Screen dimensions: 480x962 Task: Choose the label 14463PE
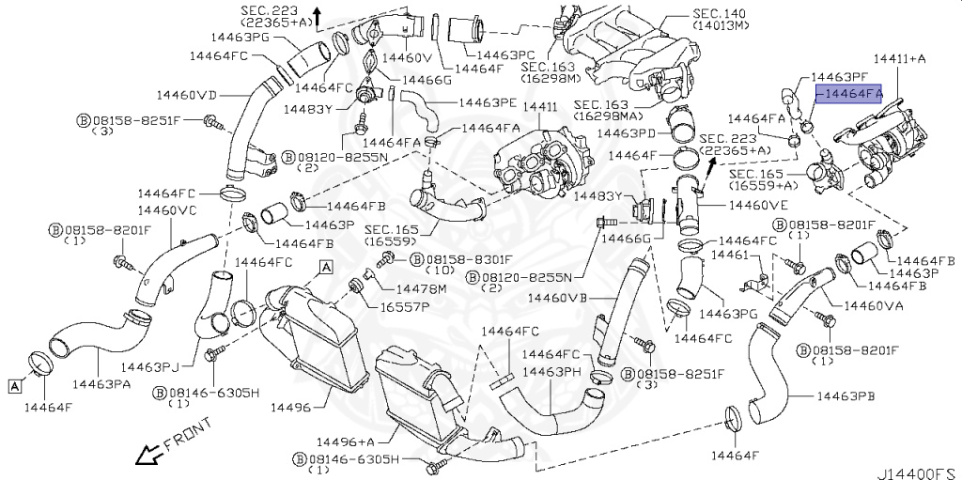click(x=487, y=101)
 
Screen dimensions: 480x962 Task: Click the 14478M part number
click(x=421, y=287)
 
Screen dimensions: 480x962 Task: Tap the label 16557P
click(x=404, y=306)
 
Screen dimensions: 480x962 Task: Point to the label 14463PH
click(x=554, y=372)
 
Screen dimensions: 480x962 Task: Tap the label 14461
click(x=729, y=255)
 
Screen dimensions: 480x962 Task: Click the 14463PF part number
click(x=838, y=75)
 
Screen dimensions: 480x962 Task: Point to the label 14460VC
click(x=167, y=210)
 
